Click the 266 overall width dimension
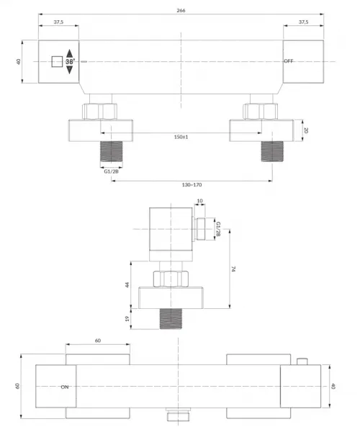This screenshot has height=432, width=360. click(x=181, y=11)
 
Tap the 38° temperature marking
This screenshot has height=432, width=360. click(x=70, y=62)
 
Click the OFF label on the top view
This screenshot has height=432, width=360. click(x=289, y=61)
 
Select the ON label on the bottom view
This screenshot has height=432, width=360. click(x=65, y=387)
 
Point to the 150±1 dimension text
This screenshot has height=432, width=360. click(x=181, y=137)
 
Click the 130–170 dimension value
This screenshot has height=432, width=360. click(x=192, y=185)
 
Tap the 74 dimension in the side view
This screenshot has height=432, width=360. click(x=233, y=269)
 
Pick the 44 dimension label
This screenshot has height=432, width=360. click(x=127, y=284)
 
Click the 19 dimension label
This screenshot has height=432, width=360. click(x=127, y=319)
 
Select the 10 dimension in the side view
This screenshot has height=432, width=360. click(x=200, y=201)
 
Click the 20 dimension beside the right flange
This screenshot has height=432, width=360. click(x=306, y=130)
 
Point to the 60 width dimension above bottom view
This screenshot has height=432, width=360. click(x=98, y=341)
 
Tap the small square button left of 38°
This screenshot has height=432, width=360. click(x=57, y=62)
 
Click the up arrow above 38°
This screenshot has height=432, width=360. click(x=70, y=53)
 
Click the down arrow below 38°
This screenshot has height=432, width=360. click(x=70, y=70)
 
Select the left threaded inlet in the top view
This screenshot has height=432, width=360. click(x=112, y=151)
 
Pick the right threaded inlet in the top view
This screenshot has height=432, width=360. click(x=272, y=151)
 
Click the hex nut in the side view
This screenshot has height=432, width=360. click(x=171, y=279)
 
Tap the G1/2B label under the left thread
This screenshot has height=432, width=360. click(x=112, y=171)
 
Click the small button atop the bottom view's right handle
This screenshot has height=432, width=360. click(x=302, y=361)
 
